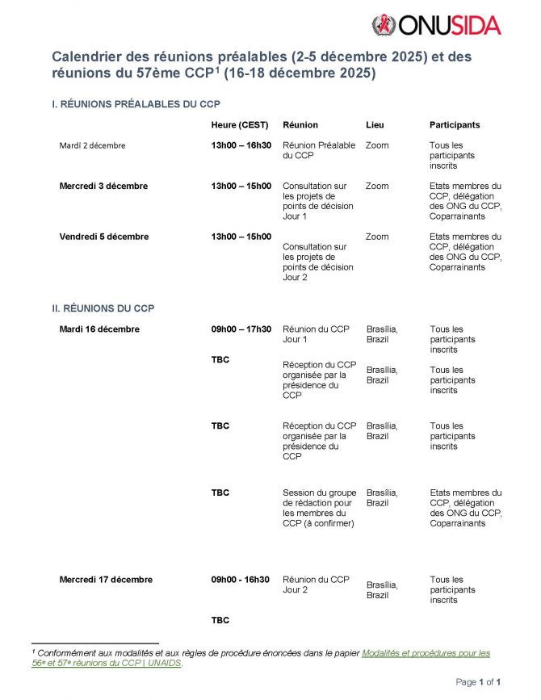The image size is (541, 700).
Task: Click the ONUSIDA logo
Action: tap(436, 25)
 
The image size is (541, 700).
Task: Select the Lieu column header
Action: tap(375, 125)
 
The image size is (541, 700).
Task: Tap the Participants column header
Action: tap(455, 125)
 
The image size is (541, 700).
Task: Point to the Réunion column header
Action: tap(300, 125)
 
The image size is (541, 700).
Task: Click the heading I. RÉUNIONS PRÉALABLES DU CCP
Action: tap(136, 104)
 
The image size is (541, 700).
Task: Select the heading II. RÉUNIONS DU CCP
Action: tap(103, 308)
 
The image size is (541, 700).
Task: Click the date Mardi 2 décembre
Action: tap(92, 145)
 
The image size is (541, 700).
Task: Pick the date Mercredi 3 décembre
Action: tap(103, 186)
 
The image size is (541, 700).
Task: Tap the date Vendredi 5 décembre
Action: tap(104, 237)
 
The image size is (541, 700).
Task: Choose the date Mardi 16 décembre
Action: tap(99, 329)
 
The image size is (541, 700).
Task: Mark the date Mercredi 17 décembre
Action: tap(106, 580)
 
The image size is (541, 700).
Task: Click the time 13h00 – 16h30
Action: tap(241, 145)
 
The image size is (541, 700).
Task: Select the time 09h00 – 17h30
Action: tap(241, 329)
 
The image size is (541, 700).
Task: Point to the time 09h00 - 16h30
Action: tap(240, 580)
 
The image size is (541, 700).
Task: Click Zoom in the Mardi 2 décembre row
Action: tap(377, 145)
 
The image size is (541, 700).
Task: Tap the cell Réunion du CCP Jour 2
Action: tap(316, 585)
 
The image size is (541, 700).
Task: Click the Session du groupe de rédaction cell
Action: tap(319, 508)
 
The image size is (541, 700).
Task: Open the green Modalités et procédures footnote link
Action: tap(425, 652)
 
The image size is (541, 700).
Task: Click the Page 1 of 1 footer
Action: tap(479, 682)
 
